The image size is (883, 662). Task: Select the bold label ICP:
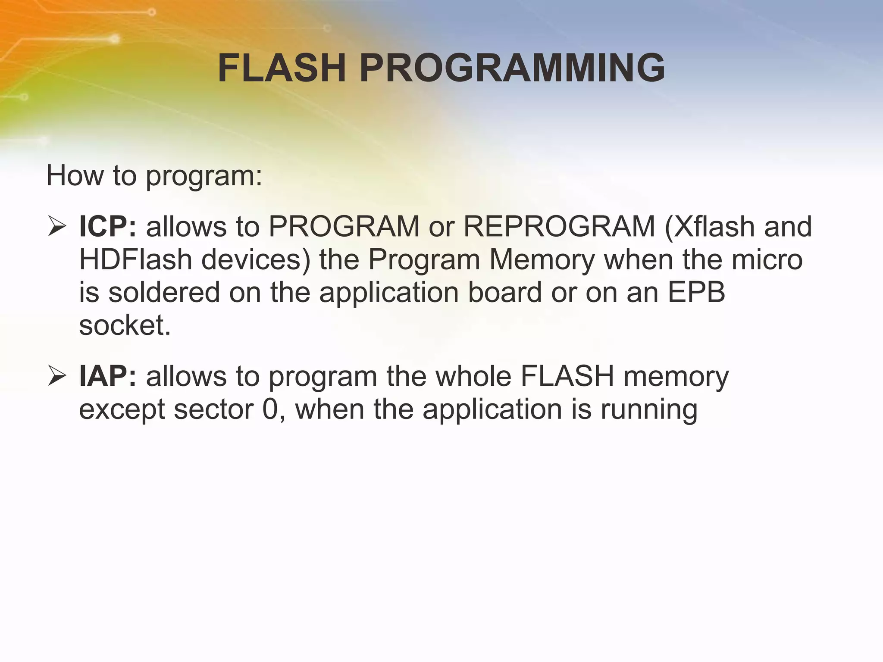pos(108,227)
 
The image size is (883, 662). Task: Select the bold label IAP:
pos(108,376)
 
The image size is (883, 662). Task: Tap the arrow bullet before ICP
pos(57,227)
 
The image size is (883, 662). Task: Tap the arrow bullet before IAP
pos(57,376)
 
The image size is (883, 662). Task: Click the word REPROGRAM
pos(559,227)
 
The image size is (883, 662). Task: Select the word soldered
pos(164,292)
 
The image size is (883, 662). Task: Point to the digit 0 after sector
pos(271,409)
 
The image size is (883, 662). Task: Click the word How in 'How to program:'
pos(75,175)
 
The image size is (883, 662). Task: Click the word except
pos(122,410)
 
